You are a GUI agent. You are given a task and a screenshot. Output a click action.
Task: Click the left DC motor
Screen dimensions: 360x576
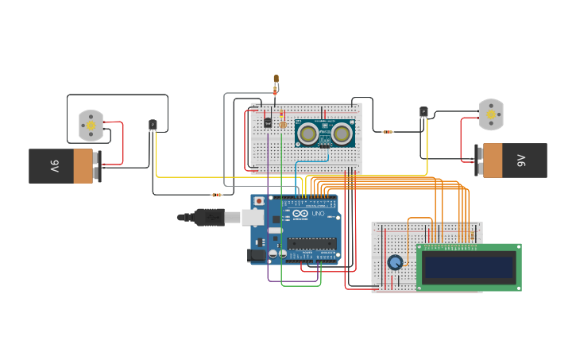click(x=91, y=125)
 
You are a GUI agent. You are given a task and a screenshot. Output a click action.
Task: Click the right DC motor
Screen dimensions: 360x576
click(x=491, y=114)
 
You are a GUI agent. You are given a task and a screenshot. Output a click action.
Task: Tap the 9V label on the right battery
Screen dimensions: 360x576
click(x=521, y=160)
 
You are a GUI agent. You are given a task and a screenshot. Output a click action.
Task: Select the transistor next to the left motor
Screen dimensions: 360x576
click(x=153, y=125)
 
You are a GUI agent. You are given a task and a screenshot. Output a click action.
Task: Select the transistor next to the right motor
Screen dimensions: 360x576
click(x=423, y=112)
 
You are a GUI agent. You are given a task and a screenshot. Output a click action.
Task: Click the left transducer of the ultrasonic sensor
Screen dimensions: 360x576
click(x=309, y=132)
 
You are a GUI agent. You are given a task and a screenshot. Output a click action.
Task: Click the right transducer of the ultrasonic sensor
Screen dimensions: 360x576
click(x=342, y=132)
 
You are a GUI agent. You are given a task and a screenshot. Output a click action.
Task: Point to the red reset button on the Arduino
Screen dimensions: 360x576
click(x=259, y=201)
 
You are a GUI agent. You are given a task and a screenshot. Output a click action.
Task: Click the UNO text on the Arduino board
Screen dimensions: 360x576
click(x=315, y=215)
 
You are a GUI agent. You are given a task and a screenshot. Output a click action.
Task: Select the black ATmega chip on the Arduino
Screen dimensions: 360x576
click(x=311, y=243)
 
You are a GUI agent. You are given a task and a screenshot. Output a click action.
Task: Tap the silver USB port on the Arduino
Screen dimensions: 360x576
click(x=253, y=216)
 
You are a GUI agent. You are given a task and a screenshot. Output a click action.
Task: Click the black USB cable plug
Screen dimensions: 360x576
click(x=203, y=215)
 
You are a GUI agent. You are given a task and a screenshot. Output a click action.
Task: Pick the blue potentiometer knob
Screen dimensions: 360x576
click(x=395, y=262)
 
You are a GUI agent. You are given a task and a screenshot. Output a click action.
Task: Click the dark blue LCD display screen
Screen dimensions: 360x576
click(x=469, y=267)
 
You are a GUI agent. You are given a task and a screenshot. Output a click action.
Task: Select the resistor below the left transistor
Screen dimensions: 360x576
click(x=216, y=195)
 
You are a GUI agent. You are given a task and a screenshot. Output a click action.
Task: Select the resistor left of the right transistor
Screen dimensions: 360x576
click(x=388, y=131)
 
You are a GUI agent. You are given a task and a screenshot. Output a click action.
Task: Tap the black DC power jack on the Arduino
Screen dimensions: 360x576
click(x=257, y=255)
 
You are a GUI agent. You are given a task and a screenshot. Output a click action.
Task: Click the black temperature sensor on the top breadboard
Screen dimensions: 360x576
click(x=268, y=122)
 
